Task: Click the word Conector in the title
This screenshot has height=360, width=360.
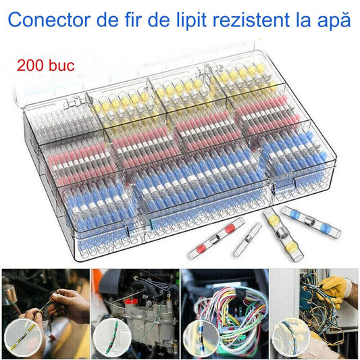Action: coord(51,20)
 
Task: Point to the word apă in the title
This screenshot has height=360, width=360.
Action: coord(336,20)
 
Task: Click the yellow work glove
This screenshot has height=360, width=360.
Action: coord(336,288)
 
